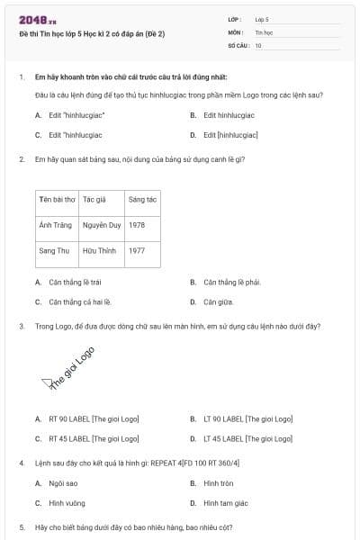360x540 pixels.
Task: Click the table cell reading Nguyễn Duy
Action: coord(101,224)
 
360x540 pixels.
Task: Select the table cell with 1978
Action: coord(137,224)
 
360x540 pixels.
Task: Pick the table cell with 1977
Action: coord(137,250)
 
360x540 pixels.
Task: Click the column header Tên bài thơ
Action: coord(56,198)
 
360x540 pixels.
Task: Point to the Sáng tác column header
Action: coord(143,198)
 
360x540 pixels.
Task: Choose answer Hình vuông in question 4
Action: coord(66,503)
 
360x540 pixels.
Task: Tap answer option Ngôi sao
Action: coord(63,483)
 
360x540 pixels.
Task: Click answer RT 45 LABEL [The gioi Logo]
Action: coord(94,438)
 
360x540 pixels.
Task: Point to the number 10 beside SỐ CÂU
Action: coord(258,45)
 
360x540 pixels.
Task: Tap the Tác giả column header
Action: coord(94,198)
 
